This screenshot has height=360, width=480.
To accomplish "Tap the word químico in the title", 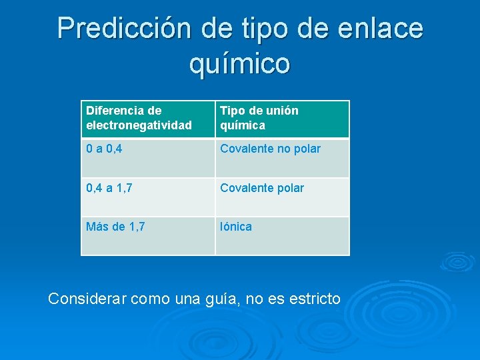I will (240, 64).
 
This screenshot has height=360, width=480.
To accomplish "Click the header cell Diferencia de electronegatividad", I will (147, 119).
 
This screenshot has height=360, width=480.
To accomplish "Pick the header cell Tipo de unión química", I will (281, 119).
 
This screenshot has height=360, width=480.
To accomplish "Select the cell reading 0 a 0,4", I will (147, 157).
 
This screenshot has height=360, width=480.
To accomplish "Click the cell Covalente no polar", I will (281, 157).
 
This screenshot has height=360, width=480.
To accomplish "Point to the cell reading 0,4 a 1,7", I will (147, 197).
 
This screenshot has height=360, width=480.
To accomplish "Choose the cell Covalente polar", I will (281, 197).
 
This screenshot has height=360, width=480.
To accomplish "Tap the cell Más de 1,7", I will (147, 235).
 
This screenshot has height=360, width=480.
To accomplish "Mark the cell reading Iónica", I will (281, 235).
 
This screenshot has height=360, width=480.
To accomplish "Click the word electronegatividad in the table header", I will (139, 125).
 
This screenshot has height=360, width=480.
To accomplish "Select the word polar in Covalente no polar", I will (307, 149).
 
